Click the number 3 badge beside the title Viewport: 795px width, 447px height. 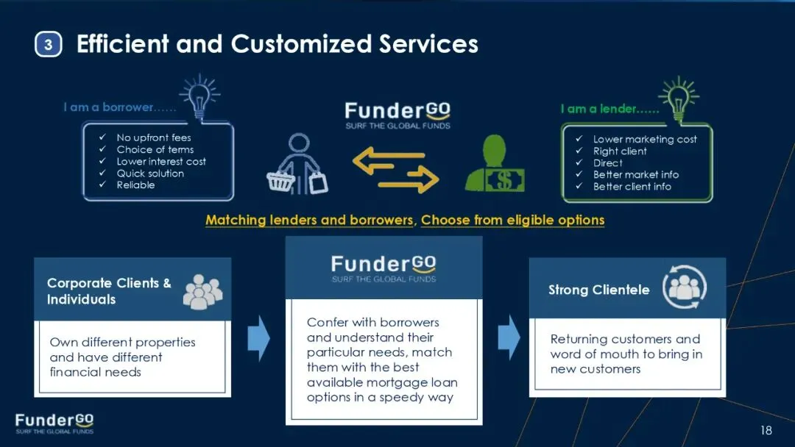pos(48,45)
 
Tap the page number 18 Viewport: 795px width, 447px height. pos(766,430)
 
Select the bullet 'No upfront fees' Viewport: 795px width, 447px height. pos(153,137)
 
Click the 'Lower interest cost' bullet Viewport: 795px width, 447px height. pos(161,162)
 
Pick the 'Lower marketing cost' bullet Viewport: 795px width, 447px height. pos(645,139)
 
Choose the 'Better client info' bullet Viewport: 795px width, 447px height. pos(632,187)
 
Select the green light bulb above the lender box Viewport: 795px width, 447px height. pos(679,96)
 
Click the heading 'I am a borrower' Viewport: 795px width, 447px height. pos(119,107)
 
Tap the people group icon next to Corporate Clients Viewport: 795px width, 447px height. pos(202,291)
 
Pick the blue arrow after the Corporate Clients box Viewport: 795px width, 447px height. pos(258,338)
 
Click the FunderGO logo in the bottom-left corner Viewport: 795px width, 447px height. pos(54,423)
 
